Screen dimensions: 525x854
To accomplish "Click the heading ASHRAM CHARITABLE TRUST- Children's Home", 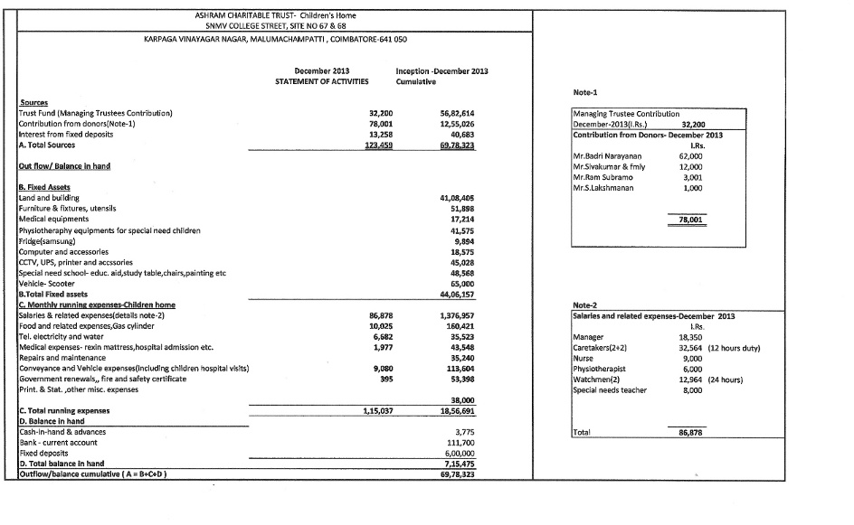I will (x=275, y=15).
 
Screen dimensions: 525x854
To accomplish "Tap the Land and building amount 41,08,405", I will (x=457, y=197).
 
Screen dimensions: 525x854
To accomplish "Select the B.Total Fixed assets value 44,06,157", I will (x=457, y=294).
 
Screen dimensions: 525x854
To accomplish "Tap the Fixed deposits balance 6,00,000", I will (x=459, y=452).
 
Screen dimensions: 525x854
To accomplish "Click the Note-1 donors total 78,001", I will (x=690, y=220).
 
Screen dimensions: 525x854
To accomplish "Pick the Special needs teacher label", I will (x=611, y=389).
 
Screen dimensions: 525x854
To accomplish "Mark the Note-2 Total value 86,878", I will (x=690, y=434).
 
